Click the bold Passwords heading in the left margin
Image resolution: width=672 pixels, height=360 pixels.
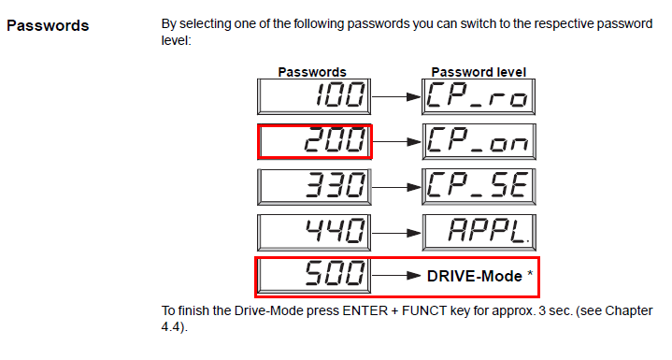pyautogui.click(x=48, y=26)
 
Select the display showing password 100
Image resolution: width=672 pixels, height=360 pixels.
pyautogui.click(x=314, y=97)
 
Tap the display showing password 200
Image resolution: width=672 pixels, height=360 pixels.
pyautogui.click(x=315, y=142)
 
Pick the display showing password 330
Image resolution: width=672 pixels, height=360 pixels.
pyautogui.click(x=314, y=187)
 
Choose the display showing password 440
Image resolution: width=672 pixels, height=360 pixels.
pyautogui.click(x=314, y=233)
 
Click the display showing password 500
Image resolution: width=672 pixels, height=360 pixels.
pyautogui.click(x=314, y=275)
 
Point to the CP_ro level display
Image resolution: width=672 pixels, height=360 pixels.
pyautogui.click(x=479, y=97)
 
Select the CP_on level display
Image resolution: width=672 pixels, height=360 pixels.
pyautogui.click(x=479, y=142)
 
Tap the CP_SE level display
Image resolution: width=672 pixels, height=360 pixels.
pyautogui.click(x=479, y=187)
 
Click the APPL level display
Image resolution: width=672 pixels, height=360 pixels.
pyautogui.click(x=479, y=233)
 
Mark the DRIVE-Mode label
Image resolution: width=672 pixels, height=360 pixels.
pyautogui.click(x=475, y=277)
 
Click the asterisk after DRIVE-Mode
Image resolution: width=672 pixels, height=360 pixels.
pyautogui.click(x=530, y=273)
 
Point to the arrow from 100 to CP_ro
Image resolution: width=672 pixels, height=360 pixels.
pyautogui.click(x=396, y=97)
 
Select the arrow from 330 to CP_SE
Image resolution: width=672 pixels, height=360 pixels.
pyautogui.click(x=396, y=187)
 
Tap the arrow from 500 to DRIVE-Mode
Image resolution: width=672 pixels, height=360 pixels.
pyautogui.click(x=396, y=276)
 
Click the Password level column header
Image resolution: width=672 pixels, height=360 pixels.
pyautogui.click(x=479, y=72)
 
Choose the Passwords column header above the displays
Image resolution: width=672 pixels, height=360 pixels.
pyautogui.click(x=312, y=72)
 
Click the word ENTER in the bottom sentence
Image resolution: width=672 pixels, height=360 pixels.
pyautogui.click(x=365, y=310)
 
